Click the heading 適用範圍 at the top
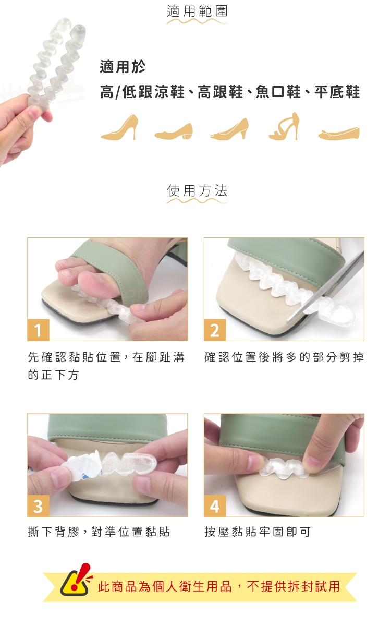coord(197,11)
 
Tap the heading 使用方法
coord(197,191)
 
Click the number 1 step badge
coord(38,330)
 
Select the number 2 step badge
coord(215,330)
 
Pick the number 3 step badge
coord(38,506)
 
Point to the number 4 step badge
coord(215,506)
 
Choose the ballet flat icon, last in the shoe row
coord(339,133)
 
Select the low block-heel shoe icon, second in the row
coord(174,131)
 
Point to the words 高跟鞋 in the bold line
coord(221,92)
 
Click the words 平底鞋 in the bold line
coord(337,92)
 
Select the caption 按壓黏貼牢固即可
coord(257,532)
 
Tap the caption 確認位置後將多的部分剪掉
coord(284,357)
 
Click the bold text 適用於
coord(123,67)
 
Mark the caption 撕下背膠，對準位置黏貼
coord(99,532)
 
